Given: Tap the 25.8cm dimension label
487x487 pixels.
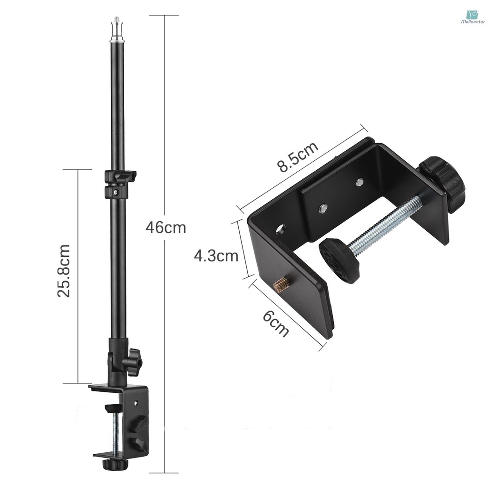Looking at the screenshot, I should [x=63, y=271].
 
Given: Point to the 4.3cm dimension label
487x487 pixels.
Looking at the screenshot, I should [x=216, y=256].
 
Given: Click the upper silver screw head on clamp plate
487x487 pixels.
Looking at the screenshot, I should [x=360, y=181].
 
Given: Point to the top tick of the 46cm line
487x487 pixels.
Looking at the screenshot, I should [x=165, y=15].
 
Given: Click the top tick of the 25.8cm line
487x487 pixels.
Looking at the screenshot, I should [x=77, y=169].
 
